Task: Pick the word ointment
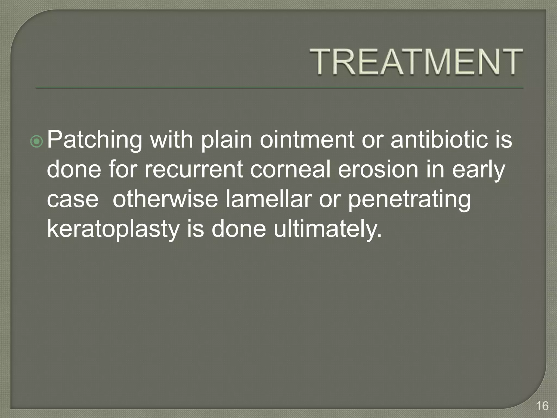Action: (x=307, y=140)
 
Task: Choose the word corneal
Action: (x=290, y=169)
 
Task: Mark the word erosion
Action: (x=378, y=169)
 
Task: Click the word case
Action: (x=73, y=199)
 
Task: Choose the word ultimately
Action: (x=328, y=229)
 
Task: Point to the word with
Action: (x=172, y=140)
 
